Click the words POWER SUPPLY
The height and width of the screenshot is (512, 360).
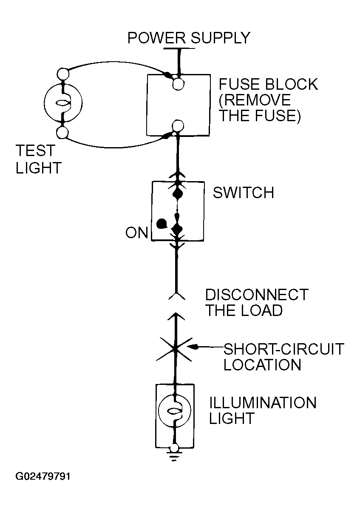click(189, 38)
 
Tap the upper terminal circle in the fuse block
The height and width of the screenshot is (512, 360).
click(178, 84)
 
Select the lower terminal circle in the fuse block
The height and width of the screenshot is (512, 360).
click(178, 126)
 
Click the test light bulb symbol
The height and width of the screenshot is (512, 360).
click(63, 103)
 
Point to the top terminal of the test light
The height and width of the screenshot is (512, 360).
click(63, 74)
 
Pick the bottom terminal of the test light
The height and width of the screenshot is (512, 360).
click(62, 133)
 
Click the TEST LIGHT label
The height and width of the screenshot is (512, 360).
click(39, 159)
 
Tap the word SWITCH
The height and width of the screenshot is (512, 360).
click(244, 193)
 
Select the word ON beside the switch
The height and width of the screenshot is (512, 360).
click(137, 233)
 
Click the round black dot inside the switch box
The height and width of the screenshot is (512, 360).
click(162, 224)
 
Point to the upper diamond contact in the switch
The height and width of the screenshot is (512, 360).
click(178, 194)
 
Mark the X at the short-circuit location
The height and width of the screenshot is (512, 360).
click(175, 349)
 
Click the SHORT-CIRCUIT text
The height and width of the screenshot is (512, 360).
click(283, 349)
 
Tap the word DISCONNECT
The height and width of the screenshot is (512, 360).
click(257, 295)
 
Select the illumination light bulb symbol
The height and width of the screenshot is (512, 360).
click(175, 410)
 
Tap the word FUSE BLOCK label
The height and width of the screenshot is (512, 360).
click(268, 84)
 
